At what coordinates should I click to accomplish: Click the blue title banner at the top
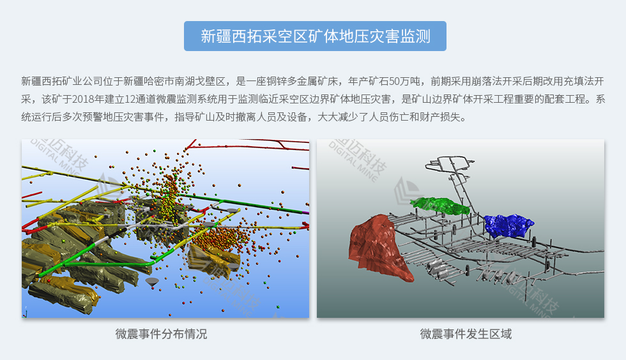click(315, 36)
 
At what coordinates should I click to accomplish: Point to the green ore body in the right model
click(440, 206)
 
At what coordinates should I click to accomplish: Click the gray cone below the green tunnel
click(152, 281)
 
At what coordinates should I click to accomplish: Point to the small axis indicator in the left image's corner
click(26, 312)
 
